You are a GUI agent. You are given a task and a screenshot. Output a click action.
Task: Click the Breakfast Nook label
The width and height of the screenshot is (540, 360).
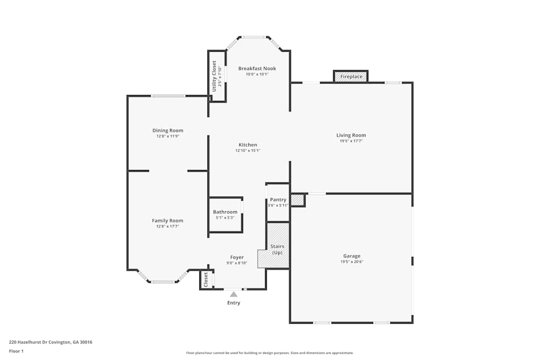[257, 69]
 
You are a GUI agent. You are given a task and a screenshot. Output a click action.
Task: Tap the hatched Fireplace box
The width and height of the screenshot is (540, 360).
[351, 77]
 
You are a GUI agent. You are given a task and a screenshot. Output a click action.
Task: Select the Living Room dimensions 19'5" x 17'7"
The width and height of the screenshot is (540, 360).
[351, 141]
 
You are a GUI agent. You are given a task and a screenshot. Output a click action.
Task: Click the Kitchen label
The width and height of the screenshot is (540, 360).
[248, 145]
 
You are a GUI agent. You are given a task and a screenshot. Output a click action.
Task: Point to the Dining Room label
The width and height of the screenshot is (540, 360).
[167, 130]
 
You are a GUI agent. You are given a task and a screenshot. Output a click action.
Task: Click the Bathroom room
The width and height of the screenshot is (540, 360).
[225, 215]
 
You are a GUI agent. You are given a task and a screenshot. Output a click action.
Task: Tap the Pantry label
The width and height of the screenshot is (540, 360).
[278, 200]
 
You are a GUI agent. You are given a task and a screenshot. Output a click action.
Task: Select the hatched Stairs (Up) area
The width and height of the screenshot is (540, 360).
[278, 246]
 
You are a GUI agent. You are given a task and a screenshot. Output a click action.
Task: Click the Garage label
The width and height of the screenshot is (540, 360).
[352, 256]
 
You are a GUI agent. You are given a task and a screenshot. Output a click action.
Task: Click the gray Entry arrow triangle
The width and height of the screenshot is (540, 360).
[233, 294]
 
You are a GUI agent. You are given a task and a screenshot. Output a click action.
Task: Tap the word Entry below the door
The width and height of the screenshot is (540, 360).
[233, 303]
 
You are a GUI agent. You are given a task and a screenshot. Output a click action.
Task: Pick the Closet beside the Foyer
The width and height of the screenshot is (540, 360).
[206, 280]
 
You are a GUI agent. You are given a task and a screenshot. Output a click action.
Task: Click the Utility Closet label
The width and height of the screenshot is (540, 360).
[214, 76]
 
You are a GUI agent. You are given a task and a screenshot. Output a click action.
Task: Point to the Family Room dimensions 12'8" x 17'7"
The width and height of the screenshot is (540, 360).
[167, 226]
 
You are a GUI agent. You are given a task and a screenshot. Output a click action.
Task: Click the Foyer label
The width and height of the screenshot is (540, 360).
[237, 257]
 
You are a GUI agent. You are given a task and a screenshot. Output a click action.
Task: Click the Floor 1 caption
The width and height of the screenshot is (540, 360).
[16, 351]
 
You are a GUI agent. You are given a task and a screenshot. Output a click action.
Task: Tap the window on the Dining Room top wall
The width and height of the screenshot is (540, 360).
[168, 96]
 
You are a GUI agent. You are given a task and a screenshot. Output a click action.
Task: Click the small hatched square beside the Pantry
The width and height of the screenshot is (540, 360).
[298, 200]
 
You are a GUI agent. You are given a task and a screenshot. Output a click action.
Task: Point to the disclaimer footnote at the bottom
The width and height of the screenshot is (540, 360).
[270, 353]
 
